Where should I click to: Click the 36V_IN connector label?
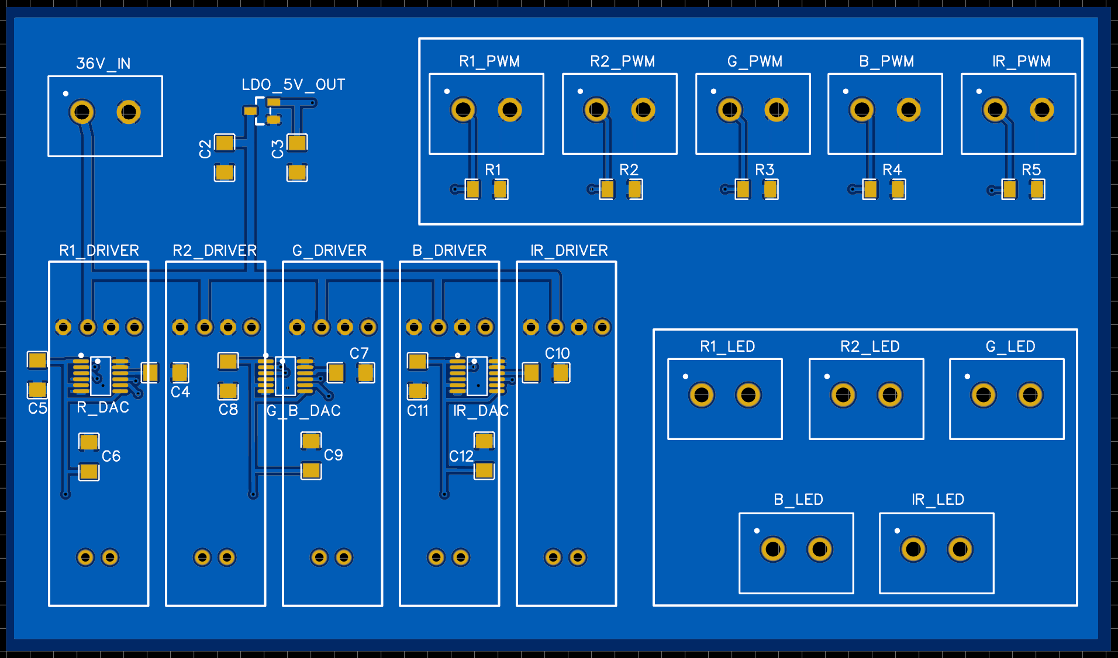tap(103, 63)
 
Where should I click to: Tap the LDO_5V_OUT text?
tap(293, 85)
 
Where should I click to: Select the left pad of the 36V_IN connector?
tap(82, 112)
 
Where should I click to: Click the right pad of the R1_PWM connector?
tap(510, 109)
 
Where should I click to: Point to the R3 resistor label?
tap(764, 170)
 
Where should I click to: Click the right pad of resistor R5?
tap(1037, 189)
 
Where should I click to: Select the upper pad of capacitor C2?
tap(225, 143)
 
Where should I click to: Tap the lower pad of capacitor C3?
tap(297, 173)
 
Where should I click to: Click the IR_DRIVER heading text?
tap(569, 251)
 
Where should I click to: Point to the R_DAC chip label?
tap(103, 407)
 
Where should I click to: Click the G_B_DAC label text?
tap(303, 411)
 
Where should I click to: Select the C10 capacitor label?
tap(557, 354)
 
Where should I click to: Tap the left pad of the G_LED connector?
tap(984, 396)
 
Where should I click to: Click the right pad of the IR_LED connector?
tap(960, 549)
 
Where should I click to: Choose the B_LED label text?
tap(798, 500)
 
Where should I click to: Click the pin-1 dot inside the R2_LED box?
tap(827, 376)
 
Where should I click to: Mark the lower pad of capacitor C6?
tap(89, 472)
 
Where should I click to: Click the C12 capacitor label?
tap(461, 456)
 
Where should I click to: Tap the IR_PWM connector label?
tap(1021, 61)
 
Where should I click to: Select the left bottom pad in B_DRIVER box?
tap(436, 557)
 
